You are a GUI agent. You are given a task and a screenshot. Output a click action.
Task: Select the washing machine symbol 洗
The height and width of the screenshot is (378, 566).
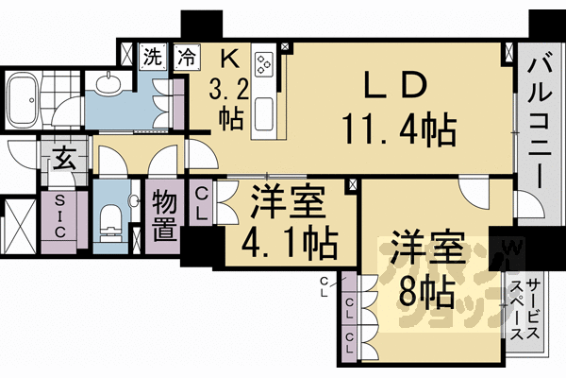point(151,56)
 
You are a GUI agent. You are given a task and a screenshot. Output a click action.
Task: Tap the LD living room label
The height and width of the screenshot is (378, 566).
point(394,86)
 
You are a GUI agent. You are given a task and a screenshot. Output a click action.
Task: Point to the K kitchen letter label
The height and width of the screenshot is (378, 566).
point(226,59)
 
